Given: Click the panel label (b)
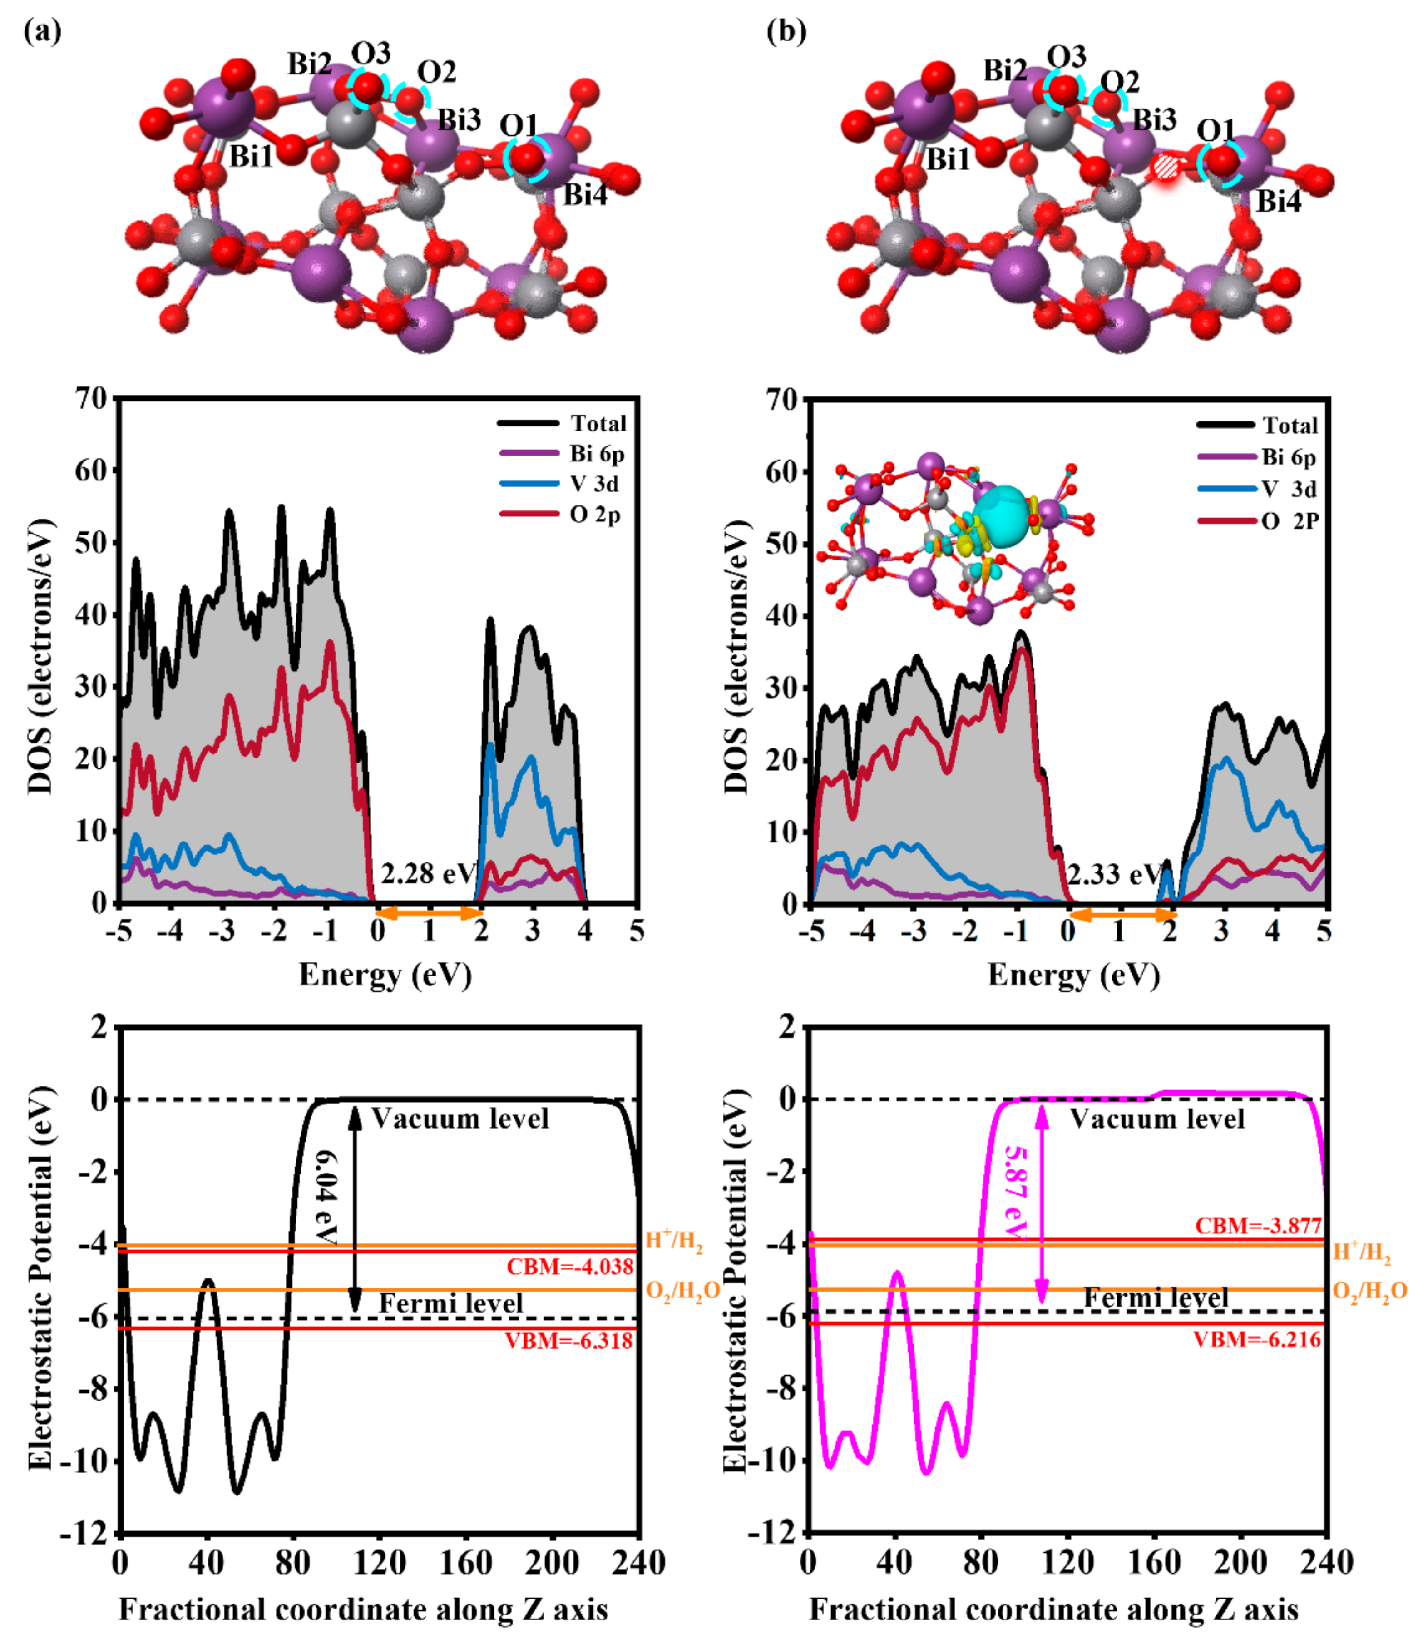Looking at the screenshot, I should [x=786, y=32].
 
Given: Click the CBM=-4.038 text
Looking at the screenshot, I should [x=570, y=1267].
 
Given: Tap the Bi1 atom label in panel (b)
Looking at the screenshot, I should [x=948, y=159].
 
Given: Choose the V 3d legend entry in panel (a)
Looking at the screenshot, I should [x=593, y=484].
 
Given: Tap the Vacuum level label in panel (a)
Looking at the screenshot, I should [x=460, y=1119].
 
